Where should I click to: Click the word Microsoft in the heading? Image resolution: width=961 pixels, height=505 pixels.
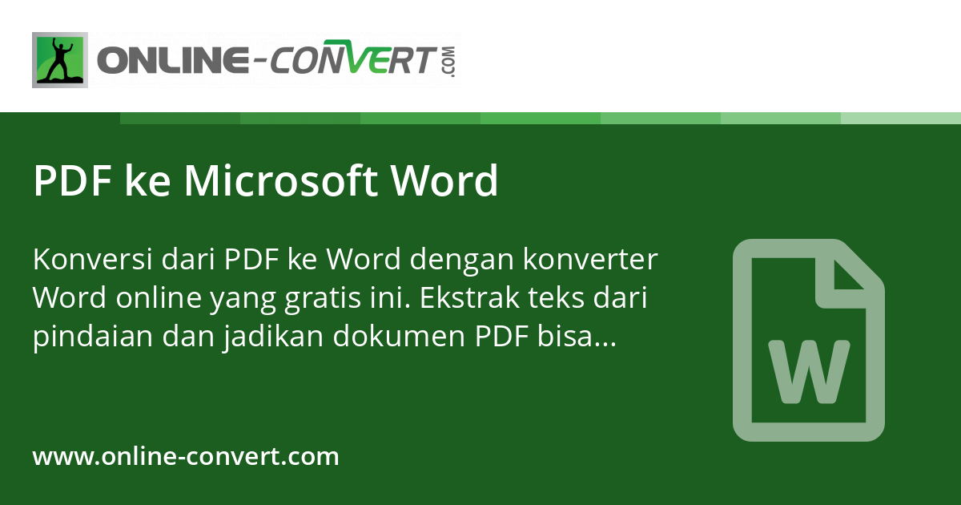pos(280,181)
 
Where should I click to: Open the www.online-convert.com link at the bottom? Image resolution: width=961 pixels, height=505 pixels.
pos(186,457)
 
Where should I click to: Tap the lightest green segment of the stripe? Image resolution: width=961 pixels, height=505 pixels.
pos(901,119)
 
